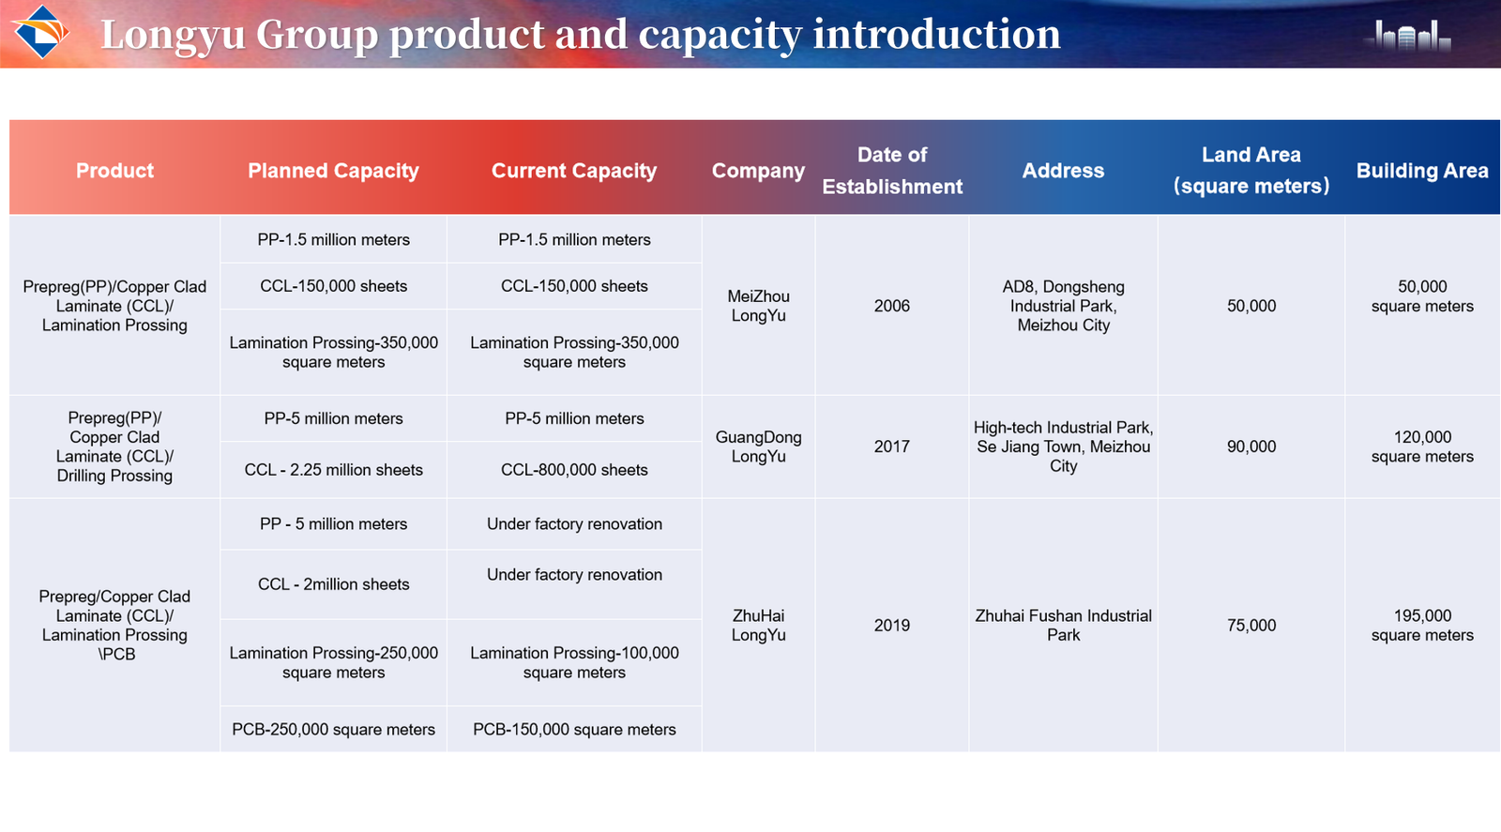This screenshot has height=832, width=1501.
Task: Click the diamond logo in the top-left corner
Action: tap(41, 32)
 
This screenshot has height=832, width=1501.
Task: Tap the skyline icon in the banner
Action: tap(1408, 36)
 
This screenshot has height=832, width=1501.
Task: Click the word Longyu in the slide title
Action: tap(173, 35)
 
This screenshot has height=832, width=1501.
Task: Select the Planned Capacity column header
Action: tap(333, 171)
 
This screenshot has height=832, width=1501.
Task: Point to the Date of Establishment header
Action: tap(892, 171)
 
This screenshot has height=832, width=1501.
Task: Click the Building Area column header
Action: tap(1422, 171)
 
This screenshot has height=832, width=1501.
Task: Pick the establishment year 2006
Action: tap(892, 306)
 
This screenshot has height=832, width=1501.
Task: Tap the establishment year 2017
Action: tap(892, 446)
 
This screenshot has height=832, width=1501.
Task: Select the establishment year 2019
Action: tap(892, 626)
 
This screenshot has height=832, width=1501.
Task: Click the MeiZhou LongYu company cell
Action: tap(759, 306)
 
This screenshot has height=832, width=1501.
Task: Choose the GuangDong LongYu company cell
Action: tap(759, 446)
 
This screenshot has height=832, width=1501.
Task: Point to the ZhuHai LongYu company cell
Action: tap(759, 626)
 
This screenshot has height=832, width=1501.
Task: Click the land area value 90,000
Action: tap(1251, 446)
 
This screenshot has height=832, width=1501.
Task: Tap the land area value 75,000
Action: tap(1251, 626)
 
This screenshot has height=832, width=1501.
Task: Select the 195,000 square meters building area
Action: tap(1422, 626)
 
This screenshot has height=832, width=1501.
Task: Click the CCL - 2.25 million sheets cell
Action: tap(333, 470)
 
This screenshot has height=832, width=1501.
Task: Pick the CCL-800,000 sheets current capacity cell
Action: tap(574, 470)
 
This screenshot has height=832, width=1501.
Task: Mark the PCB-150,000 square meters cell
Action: tap(574, 730)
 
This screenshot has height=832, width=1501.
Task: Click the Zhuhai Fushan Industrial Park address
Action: tap(1064, 626)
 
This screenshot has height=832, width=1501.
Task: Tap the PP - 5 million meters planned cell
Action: tap(333, 523)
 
